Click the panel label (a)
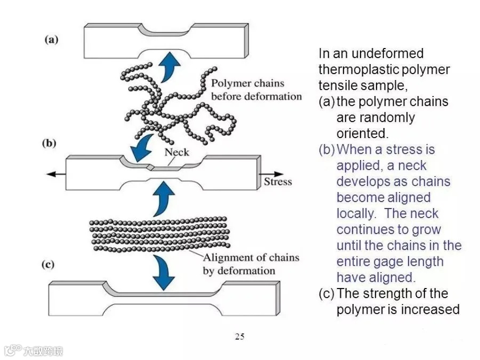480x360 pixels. point(51,39)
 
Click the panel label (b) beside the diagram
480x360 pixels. point(51,143)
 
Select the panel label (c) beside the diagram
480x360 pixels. point(51,263)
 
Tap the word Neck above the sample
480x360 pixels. point(177,151)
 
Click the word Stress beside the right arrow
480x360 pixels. point(278,181)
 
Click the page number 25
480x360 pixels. point(239,336)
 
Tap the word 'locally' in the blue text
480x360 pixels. point(356,213)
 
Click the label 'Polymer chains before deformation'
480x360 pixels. point(256,90)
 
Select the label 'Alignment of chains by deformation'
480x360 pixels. point(251,264)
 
